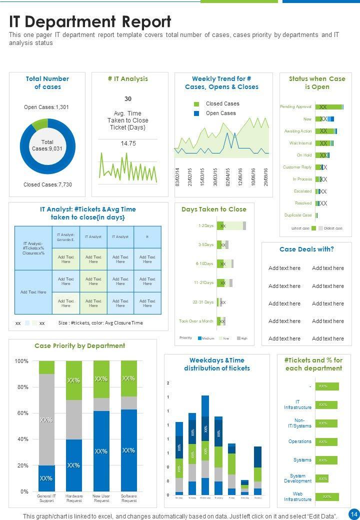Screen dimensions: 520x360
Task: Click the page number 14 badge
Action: tap(354, 514)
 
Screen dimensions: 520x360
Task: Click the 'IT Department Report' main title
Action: tap(90, 22)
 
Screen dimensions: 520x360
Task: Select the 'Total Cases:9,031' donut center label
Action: tap(47, 145)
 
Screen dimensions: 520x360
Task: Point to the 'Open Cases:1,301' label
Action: tap(46, 107)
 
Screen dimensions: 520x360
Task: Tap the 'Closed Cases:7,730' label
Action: tap(47, 184)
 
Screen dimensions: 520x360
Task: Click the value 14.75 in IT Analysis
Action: tap(128, 143)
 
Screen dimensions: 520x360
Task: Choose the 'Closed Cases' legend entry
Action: tap(222, 104)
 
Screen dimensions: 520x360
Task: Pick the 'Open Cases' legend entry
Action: tap(220, 113)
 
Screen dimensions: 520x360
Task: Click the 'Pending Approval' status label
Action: tap(295, 107)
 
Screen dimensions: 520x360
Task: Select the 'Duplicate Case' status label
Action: tap(297, 215)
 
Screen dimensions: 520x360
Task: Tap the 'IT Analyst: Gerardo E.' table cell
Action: tap(65, 237)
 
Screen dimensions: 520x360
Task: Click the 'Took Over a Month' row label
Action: tap(196, 321)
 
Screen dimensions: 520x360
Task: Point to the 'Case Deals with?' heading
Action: tap(306, 249)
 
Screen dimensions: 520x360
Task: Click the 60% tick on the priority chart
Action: tap(21, 413)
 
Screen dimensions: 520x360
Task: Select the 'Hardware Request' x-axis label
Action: tap(74, 498)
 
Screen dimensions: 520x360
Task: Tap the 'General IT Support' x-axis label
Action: tap(46, 498)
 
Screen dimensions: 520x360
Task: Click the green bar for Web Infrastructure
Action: tap(327, 497)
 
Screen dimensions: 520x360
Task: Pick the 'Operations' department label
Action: tap(299, 441)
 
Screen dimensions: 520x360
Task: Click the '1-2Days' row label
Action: tap(205, 226)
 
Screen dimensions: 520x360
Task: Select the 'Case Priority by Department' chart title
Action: tap(79, 345)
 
